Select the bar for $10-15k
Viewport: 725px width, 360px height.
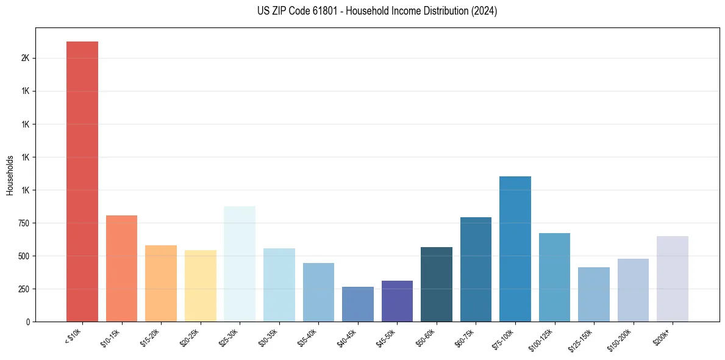(x=121, y=268)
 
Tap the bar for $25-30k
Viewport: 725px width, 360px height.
(x=240, y=264)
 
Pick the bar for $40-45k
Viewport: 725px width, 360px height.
(x=357, y=304)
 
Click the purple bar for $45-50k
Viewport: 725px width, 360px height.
(x=397, y=301)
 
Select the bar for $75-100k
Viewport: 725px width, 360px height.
(x=515, y=249)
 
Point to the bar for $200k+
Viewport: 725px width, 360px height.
(x=673, y=279)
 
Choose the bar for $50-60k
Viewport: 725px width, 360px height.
(x=437, y=284)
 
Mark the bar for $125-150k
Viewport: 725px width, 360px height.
(x=594, y=294)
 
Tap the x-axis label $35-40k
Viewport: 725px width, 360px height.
(x=307, y=338)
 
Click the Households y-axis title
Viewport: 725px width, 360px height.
(x=10, y=175)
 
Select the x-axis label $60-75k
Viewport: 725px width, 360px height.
(x=465, y=338)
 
